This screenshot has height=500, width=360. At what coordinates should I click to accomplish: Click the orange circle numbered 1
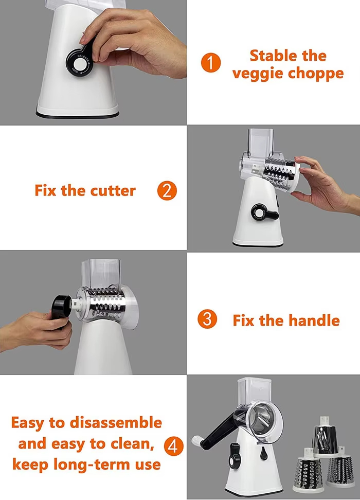(211, 63)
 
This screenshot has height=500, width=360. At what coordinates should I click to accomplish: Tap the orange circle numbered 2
(167, 191)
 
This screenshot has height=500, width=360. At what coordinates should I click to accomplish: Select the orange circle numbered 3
(207, 319)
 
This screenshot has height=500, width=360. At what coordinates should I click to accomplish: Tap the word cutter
(113, 191)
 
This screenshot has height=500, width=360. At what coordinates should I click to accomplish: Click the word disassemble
(116, 422)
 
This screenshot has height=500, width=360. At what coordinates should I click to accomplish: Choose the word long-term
(93, 465)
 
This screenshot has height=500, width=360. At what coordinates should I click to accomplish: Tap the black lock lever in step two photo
(264, 212)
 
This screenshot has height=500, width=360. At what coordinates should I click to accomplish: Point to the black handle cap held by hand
(62, 307)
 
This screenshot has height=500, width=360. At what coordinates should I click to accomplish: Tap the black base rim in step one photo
(77, 115)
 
